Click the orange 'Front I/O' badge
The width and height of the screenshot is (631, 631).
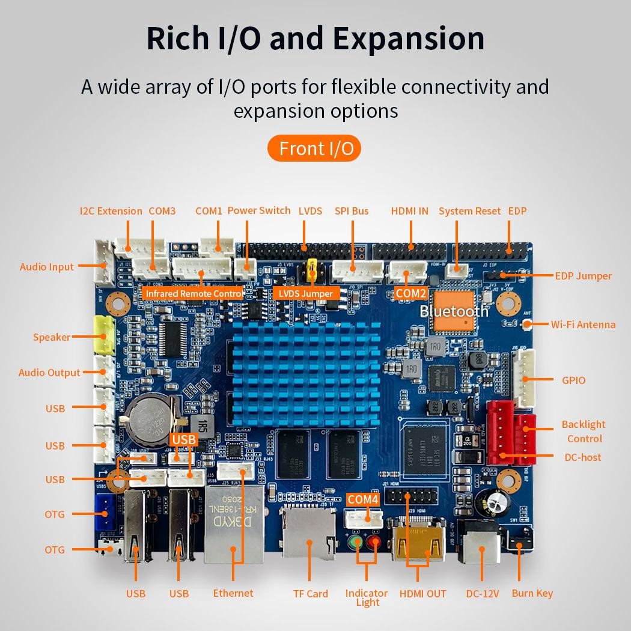314,148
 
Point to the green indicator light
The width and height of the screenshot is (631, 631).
356,543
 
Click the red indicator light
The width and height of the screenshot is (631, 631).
376,543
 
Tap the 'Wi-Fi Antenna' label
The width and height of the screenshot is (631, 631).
583,325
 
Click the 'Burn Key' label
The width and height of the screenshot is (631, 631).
532,593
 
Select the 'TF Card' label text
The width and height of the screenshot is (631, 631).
310,594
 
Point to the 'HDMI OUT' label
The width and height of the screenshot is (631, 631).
422,594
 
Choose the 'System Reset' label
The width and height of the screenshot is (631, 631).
469,211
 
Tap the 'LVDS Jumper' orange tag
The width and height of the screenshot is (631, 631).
306,293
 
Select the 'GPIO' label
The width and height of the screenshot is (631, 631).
573,380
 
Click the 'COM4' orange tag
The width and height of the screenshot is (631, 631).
363,499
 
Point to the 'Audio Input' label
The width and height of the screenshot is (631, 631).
47,267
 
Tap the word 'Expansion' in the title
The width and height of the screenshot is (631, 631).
409,38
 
